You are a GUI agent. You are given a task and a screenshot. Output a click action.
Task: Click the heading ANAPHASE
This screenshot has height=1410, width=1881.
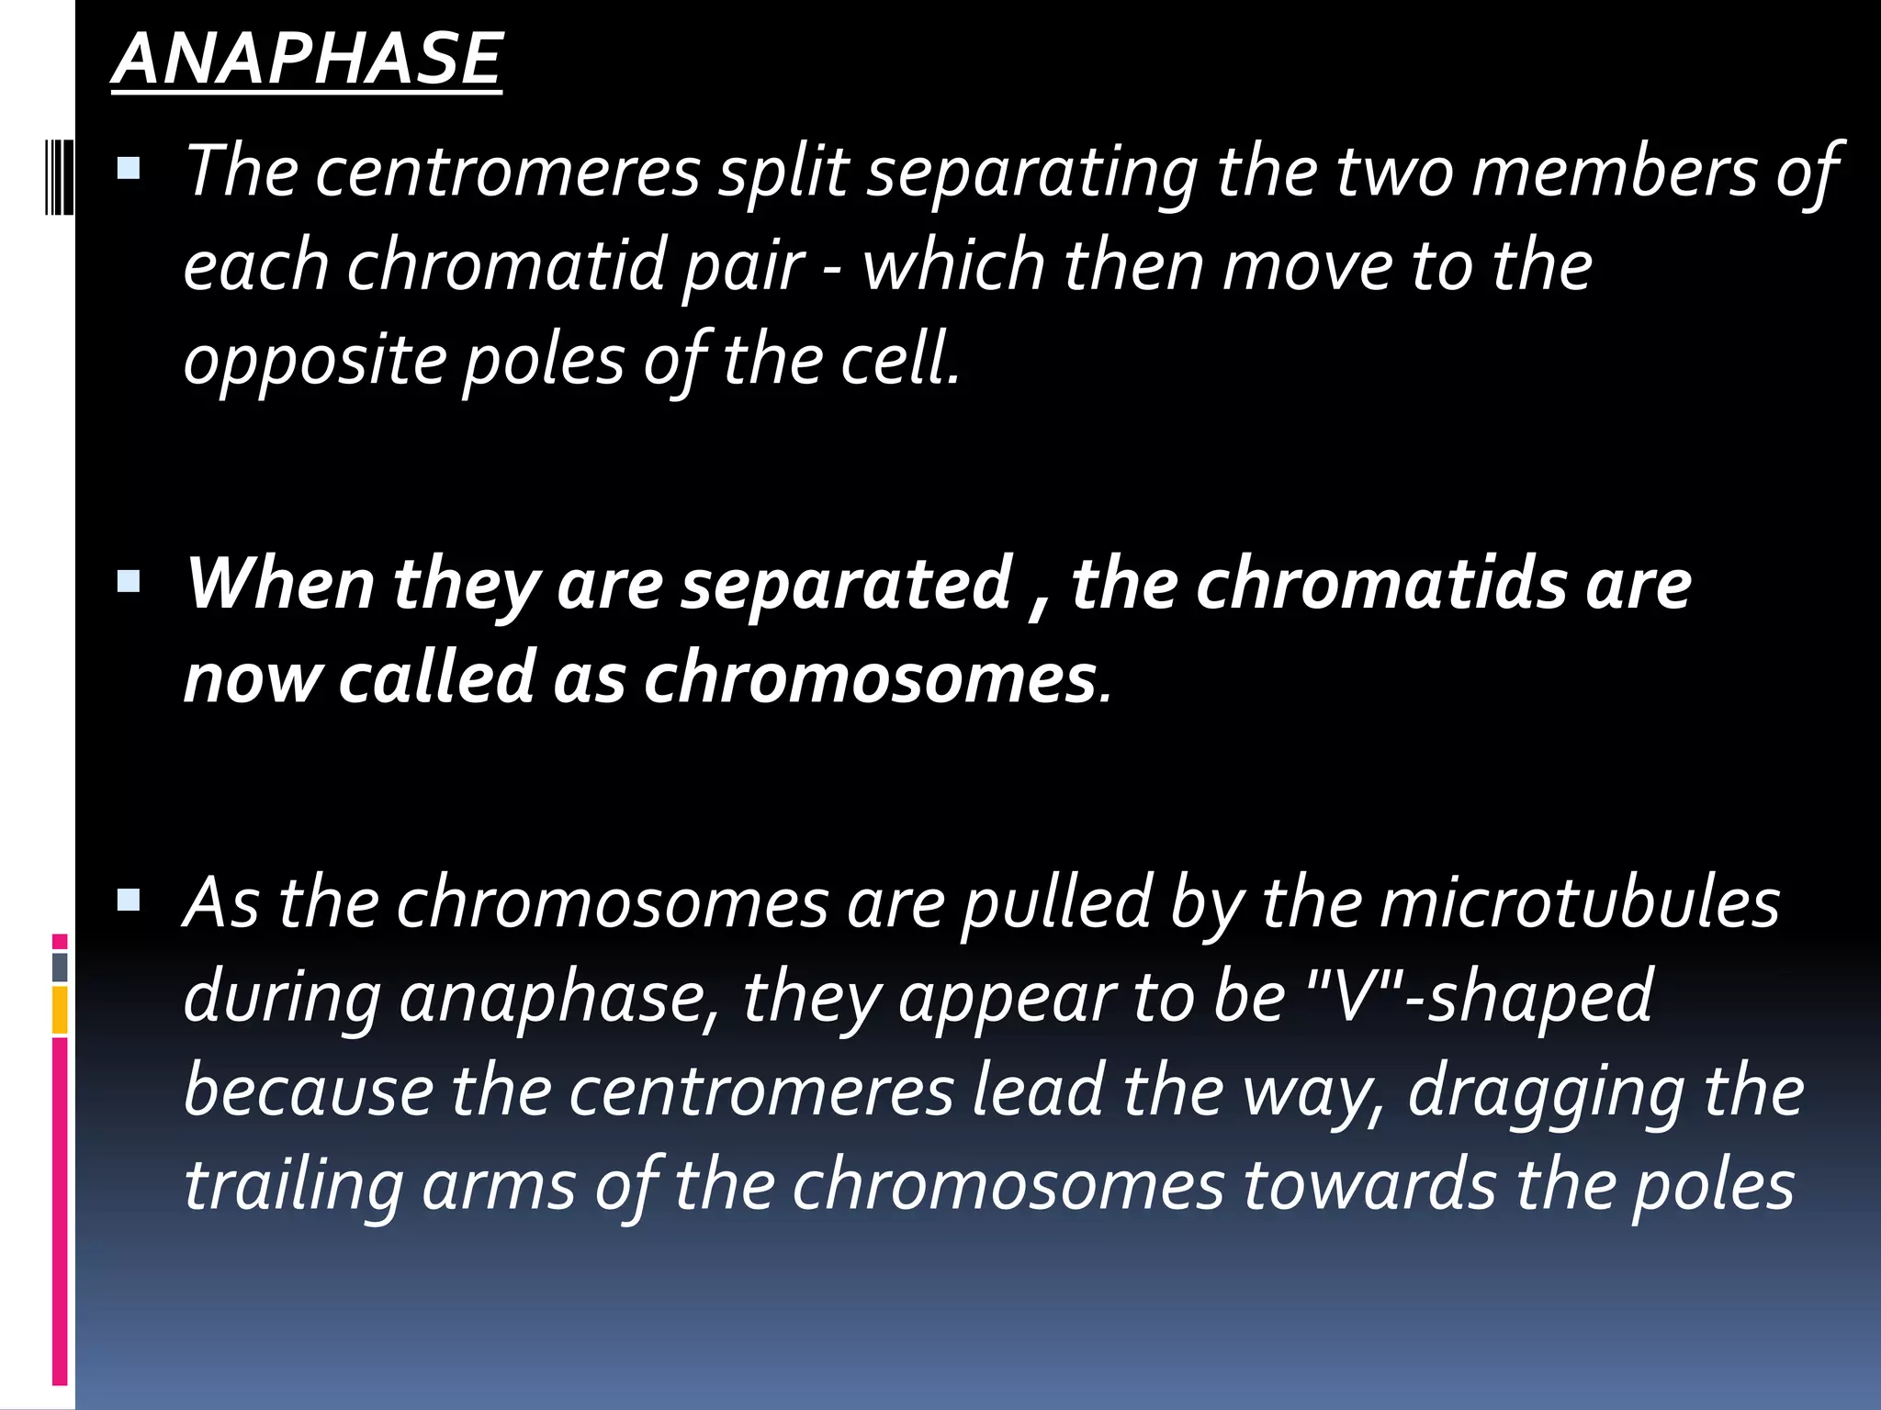[307, 59]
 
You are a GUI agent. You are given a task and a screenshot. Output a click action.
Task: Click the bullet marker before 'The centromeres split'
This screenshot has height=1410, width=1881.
[130, 167]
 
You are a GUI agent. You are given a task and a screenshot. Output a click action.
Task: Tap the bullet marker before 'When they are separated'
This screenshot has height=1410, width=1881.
[130, 581]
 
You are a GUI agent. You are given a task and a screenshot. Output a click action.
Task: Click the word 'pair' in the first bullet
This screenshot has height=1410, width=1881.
[743, 267]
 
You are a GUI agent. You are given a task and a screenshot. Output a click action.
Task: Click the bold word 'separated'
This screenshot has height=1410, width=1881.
[845, 584]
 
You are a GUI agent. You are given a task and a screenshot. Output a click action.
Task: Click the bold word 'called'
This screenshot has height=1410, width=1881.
[437, 677]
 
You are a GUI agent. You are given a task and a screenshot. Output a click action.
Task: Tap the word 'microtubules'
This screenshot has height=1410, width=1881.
[1580, 902]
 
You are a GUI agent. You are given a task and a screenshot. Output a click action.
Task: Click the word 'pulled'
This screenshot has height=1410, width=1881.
[1057, 904]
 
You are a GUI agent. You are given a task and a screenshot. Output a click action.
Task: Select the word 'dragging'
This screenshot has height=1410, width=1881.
[1547, 1092]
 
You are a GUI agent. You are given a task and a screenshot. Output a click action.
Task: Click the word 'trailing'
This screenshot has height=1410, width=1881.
[294, 1186]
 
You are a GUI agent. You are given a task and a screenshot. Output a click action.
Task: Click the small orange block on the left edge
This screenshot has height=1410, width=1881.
[60, 1010]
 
